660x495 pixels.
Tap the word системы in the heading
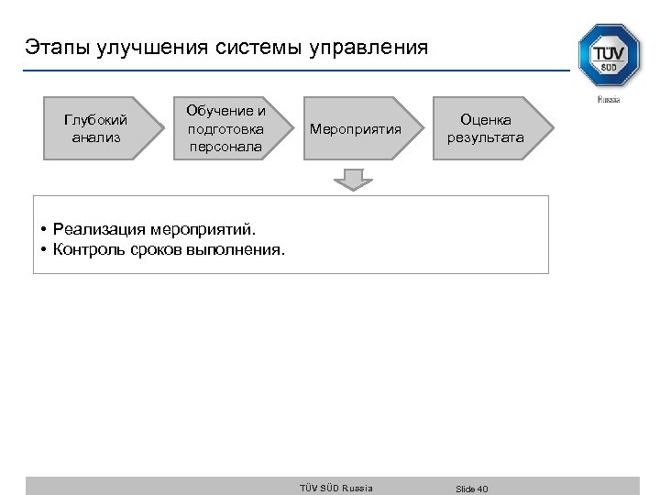click(x=264, y=47)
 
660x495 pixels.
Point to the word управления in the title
click(x=372, y=47)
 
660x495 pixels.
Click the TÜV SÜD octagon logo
click(x=609, y=56)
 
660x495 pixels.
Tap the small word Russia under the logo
click(x=609, y=99)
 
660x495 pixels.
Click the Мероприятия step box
click(x=357, y=128)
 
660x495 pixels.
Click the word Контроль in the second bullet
click(x=87, y=248)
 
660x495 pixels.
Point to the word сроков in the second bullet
click(x=155, y=248)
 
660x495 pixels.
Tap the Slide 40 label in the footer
click(x=472, y=489)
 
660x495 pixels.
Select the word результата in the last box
click(x=486, y=137)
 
